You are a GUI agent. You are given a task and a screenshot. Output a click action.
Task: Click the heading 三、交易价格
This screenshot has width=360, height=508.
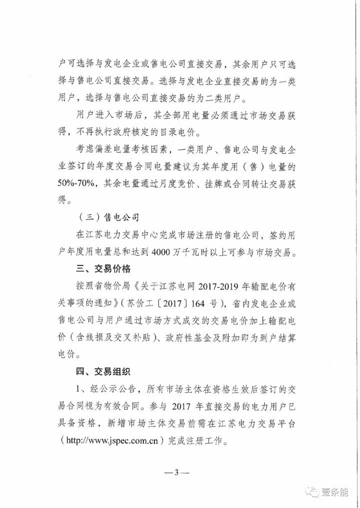[x=101, y=269]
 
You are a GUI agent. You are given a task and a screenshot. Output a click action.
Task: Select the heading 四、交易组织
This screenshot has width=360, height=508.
[x=101, y=371]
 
